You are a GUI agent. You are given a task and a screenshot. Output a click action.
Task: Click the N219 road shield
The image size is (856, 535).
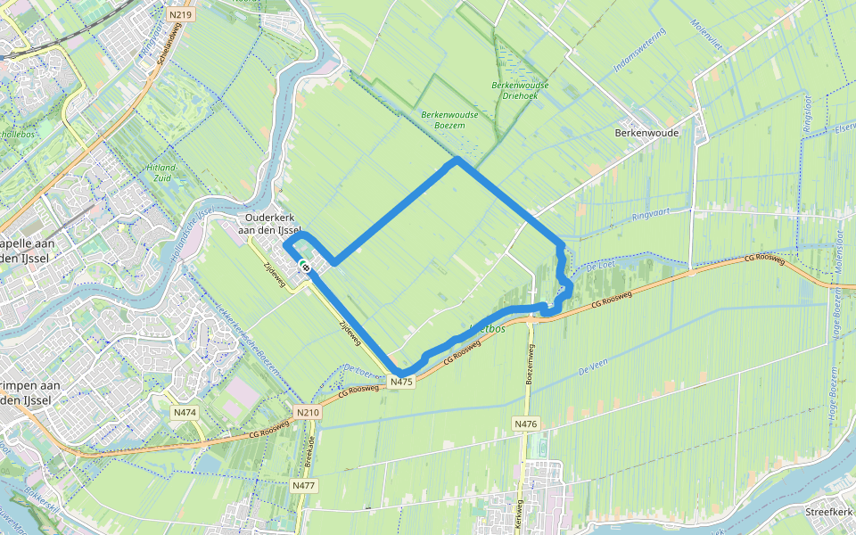[x=181, y=15]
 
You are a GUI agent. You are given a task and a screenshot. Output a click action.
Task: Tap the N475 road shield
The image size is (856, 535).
[x=402, y=382]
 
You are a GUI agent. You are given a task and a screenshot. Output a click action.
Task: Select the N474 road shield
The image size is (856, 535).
[x=185, y=412]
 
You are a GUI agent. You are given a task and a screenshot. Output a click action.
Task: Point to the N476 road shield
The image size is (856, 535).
[x=526, y=424]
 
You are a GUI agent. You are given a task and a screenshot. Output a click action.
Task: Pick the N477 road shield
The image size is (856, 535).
[x=304, y=486]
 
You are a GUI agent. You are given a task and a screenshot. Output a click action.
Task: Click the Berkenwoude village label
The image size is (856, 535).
[x=646, y=133]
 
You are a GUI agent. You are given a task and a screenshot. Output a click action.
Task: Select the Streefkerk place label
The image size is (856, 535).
[x=829, y=513]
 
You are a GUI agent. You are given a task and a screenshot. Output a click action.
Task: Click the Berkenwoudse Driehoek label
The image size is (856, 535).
[x=520, y=90]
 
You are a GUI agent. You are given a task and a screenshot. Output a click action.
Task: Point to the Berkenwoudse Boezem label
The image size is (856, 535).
[x=449, y=119]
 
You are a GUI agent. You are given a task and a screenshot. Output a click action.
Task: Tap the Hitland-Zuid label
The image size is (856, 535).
[x=163, y=173]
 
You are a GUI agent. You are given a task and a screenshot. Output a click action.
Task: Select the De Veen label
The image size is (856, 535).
[x=593, y=367]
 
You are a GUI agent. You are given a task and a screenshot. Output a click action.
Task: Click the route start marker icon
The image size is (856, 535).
[x=304, y=265]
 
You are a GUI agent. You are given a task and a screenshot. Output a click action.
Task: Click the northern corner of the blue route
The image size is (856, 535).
[x=457, y=160]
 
